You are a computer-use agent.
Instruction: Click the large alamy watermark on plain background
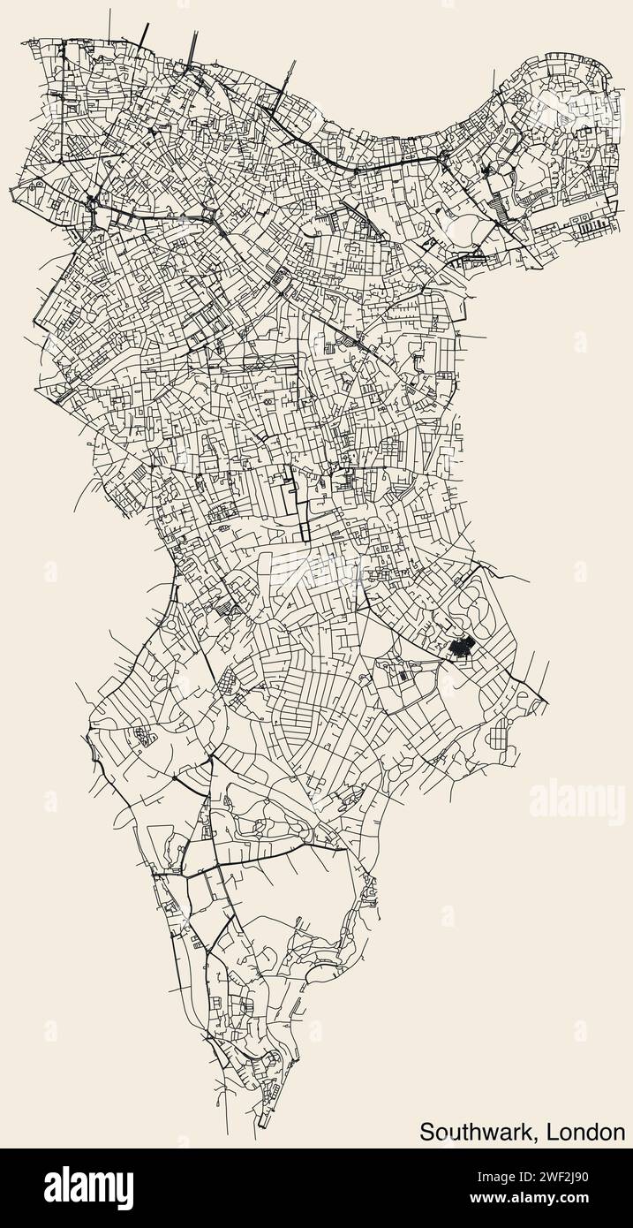tap(577, 802)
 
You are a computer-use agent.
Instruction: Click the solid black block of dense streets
tap(460, 648)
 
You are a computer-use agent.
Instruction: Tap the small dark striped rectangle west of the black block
tap(403, 676)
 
